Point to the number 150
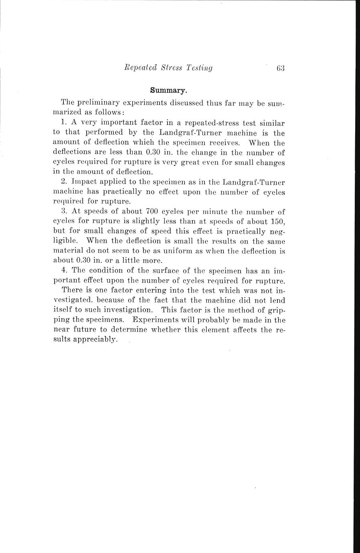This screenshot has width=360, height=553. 276,221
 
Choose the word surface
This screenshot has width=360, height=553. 165,270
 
